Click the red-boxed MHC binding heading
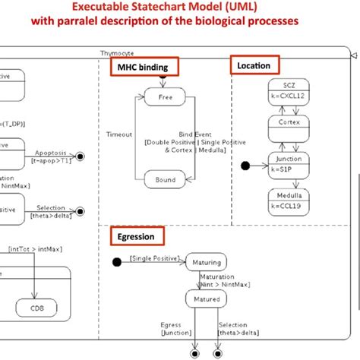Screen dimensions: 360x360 pos(142,68)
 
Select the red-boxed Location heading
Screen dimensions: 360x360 pos(254,66)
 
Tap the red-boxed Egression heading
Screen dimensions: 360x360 pos(136,236)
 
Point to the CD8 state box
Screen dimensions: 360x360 pos(36,308)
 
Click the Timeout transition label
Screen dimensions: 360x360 pos(119,133)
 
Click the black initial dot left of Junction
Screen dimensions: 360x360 pos(245,165)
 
